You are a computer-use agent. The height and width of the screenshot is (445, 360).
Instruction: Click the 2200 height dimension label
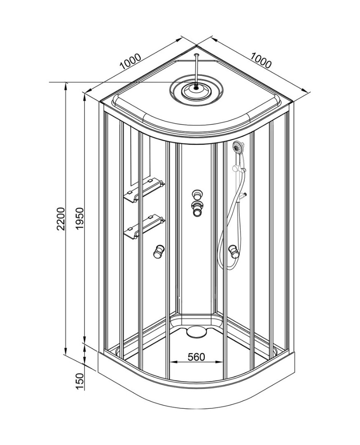pos(61,218)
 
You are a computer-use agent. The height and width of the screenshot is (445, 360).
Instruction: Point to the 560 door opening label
pos(196,356)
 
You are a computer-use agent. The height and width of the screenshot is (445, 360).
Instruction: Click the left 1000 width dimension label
pos(130,61)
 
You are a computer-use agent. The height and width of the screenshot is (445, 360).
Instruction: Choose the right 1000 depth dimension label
pos(261,61)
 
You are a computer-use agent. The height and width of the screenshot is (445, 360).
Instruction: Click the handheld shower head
pos(239,147)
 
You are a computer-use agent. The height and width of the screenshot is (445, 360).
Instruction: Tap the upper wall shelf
pos(144,190)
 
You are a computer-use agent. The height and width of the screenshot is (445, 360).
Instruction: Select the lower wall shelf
pos(144,226)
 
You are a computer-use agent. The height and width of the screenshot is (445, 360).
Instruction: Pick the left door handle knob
pos(158,251)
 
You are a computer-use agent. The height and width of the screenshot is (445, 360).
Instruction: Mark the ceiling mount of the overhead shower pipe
pos(196,54)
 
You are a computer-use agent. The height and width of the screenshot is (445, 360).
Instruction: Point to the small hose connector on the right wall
pos(243,196)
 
